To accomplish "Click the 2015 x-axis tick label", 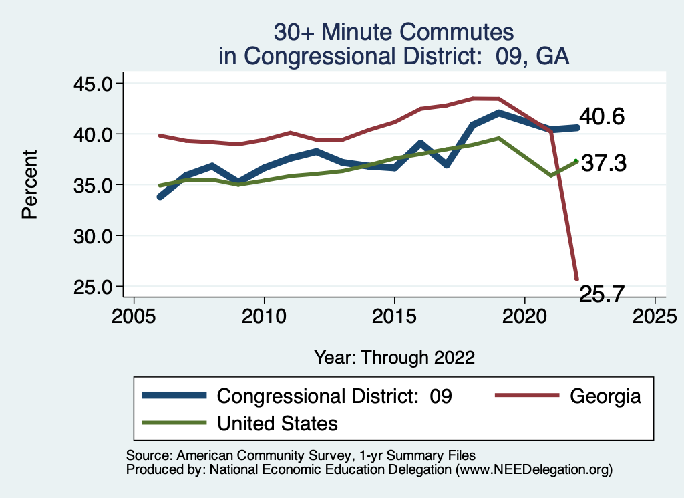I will [x=394, y=314].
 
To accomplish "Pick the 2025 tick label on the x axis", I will [x=655, y=314].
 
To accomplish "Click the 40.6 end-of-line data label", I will [x=602, y=117].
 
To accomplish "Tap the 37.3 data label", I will [x=603, y=163].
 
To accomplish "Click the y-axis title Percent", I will [x=29, y=184].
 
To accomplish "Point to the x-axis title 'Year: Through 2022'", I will [x=394, y=357].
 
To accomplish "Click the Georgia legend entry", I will [x=605, y=396].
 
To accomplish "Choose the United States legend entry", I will [x=277, y=423].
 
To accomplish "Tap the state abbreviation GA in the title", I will [x=553, y=55].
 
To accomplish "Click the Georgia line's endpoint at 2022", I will [x=576, y=279].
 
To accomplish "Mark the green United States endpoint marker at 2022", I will [x=576, y=160].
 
